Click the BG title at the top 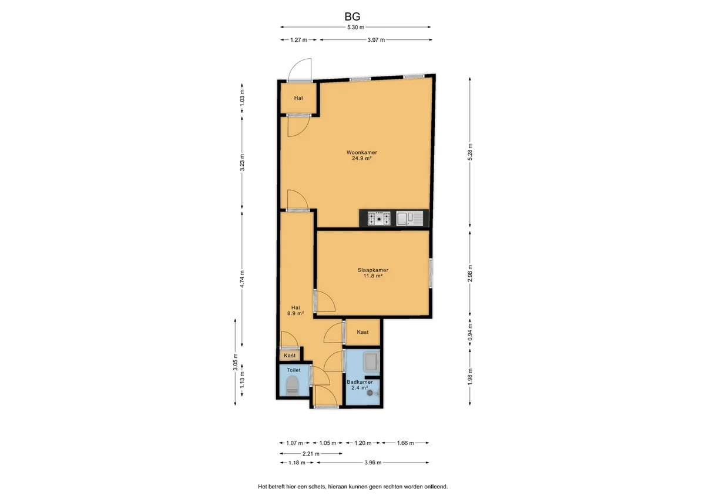(352, 16)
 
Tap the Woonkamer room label (362, 152)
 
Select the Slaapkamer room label (372, 270)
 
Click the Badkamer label (360, 382)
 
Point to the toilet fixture (293, 386)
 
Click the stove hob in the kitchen (379, 219)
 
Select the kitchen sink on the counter (409, 219)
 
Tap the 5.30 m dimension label (355, 27)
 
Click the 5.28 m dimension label (470, 152)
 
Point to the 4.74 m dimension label (242, 279)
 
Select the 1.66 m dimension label (405, 443)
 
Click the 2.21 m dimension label (311, 454)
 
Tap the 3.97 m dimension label (376, 40)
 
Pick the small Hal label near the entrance (298, 98)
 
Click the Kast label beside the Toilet (290, 356)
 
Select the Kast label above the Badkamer (362, 332)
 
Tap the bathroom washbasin (372, 362)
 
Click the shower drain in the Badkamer (370, 393)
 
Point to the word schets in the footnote (317, 487)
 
